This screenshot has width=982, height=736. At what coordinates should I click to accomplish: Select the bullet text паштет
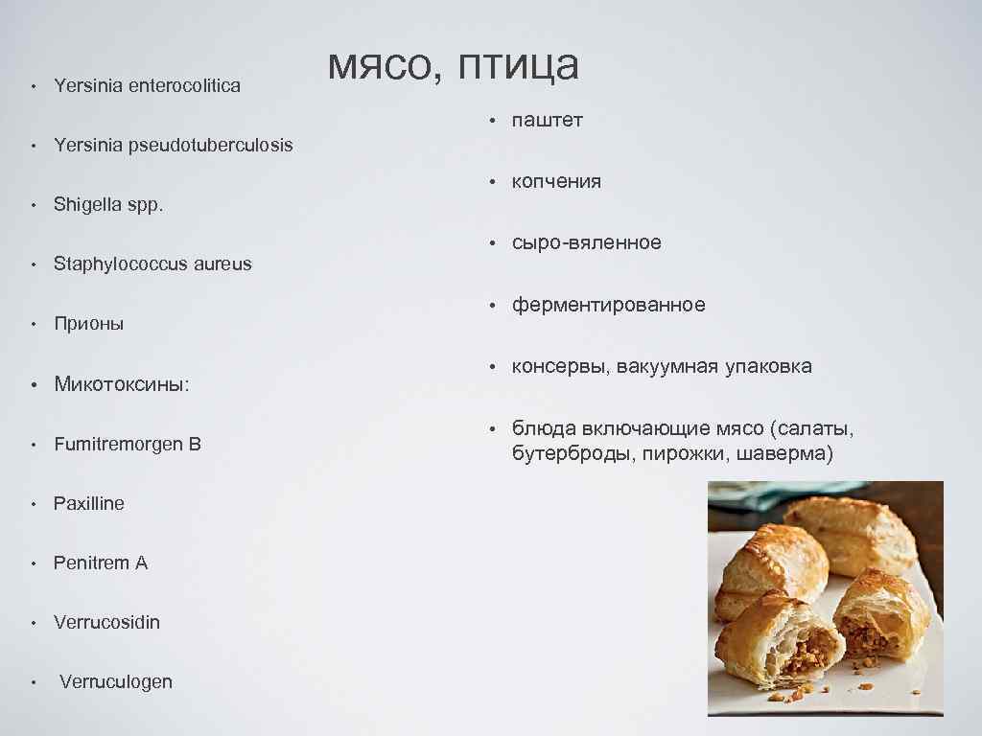[547, 121]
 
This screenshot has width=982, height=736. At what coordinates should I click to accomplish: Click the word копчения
[556, 182]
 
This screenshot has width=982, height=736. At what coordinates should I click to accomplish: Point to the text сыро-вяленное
[586, 243]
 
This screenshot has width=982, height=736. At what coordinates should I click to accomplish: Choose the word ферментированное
[608, 305]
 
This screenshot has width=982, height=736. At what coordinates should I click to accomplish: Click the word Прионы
[89, 324]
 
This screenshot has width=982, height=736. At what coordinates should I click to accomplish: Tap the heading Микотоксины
[121, 384]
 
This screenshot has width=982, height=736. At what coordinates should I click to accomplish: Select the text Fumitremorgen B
[128, 444]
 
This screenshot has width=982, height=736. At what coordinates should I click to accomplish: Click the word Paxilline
[89, 504]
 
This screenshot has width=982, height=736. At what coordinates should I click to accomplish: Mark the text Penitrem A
[101, 563]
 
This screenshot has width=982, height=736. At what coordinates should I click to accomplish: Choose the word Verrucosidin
[107, 623]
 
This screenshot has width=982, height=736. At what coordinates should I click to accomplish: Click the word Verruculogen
[116, 682]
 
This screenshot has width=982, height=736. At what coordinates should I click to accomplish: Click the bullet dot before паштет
[489, 122]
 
